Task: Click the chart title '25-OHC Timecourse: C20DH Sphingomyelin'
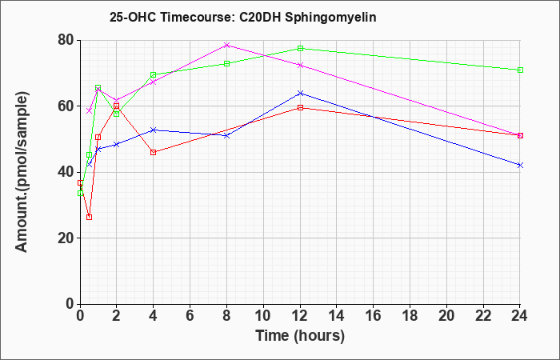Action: coord(243,17)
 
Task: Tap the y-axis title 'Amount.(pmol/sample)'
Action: coord(22,172)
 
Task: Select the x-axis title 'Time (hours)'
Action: coord(300,336)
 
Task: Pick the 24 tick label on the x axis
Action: coord(520,316)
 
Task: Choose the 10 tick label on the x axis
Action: coord(263,316)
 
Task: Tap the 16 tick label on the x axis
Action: coord(374,316)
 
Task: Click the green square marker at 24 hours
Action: coord(520,70)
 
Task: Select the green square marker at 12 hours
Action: coord(300,48)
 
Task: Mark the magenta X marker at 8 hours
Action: coord(226,45)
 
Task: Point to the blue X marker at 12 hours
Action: coord(300,94)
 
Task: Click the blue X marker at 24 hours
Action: coord(520,165)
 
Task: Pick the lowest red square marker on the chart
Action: coord(90,217)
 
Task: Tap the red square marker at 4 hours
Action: coord(154,152)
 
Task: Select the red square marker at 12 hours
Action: coord(300,107)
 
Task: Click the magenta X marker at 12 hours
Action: coord(300,66)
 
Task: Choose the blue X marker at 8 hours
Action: coord(226,136)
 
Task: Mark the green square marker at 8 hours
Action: coord(226,63)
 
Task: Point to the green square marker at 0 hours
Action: coord(80,193)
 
